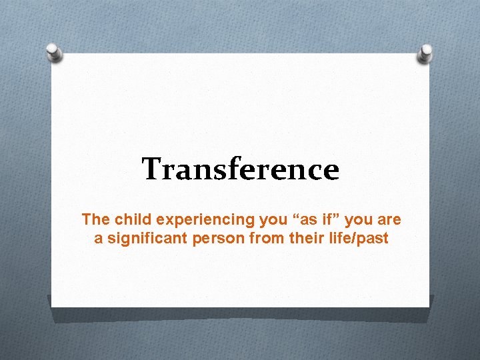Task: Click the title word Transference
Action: pyautogui.click(x=240, y=169)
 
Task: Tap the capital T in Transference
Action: pyautogui.click(x=151, y=169)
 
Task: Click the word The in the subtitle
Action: pyautogui.click(x=93, y=219)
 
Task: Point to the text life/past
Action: pyautogui.click(x=357, y=238)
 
